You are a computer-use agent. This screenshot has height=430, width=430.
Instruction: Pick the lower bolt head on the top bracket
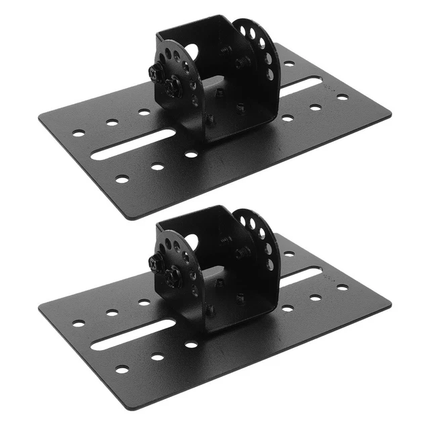click(x=173, y=85)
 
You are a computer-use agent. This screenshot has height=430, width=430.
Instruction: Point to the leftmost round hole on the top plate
click(x=79, y=133)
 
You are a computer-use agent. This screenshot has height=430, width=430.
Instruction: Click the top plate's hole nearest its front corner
click(x=122, y=179)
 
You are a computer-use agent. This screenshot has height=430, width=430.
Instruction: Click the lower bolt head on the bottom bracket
click(x=173, y=275)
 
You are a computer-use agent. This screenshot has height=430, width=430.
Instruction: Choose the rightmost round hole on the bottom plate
click(x=343, y=287)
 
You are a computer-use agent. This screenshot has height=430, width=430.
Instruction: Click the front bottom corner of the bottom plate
click(x=130, y=407)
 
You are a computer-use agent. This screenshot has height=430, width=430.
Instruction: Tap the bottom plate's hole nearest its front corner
click(x=122, y=369)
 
